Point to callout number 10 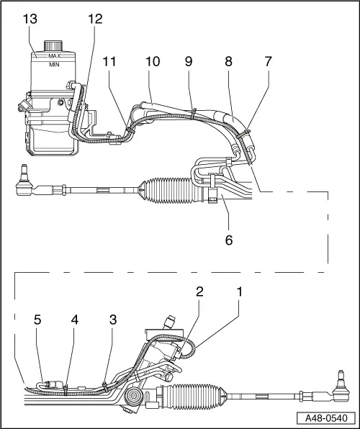(153, 63)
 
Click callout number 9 (189, 63)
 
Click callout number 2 (199, 292)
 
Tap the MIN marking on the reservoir (53, 64)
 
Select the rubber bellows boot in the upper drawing (168, 190)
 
